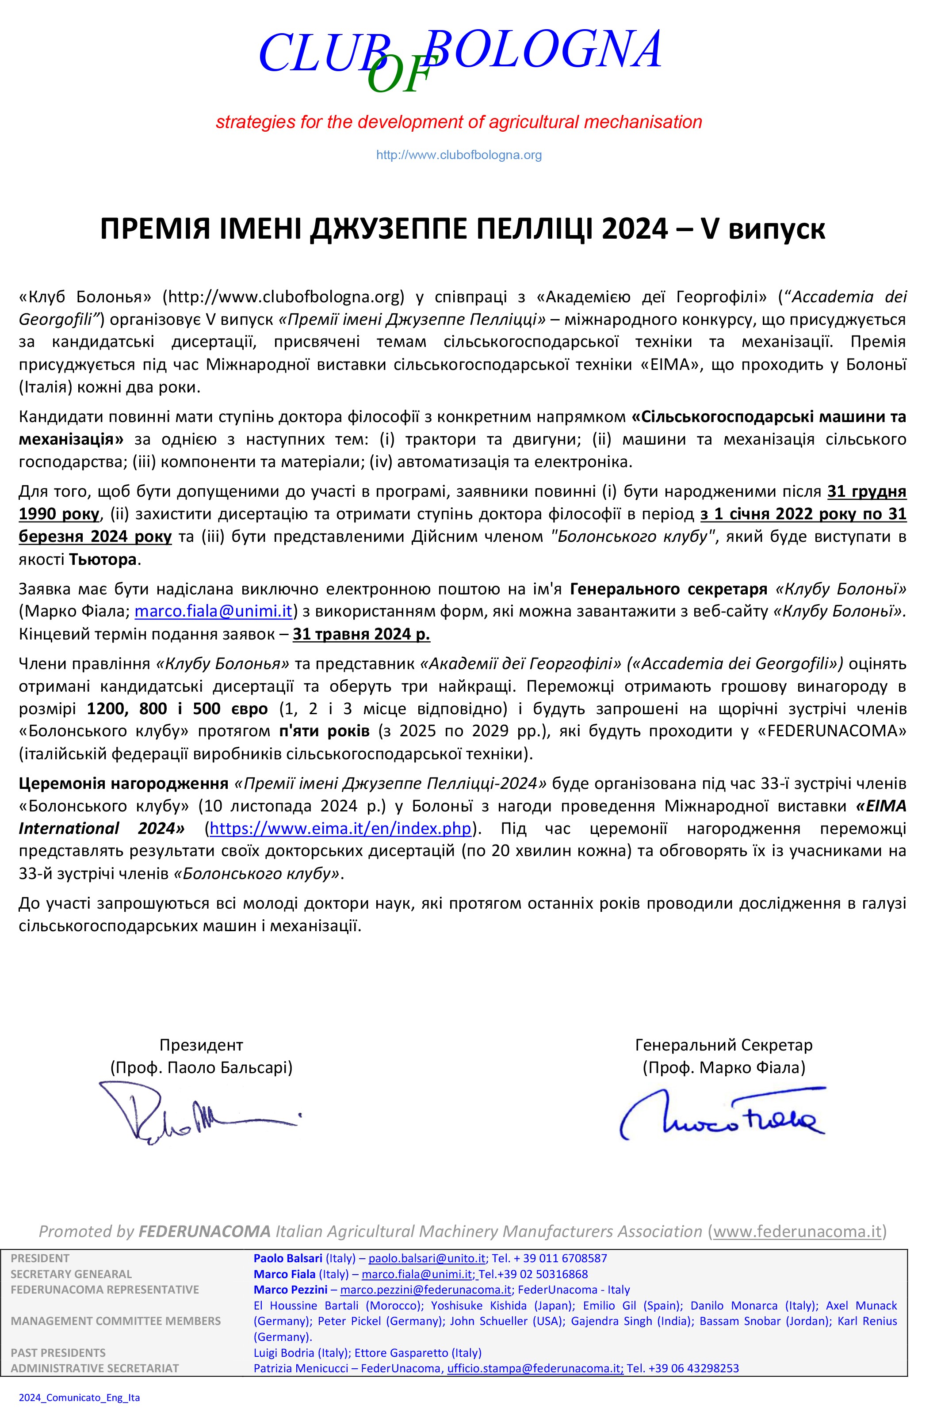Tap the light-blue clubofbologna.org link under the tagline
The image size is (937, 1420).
pyautogui.click(x=459, y=155)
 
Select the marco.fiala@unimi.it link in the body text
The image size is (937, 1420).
pyautogui.click(x=213, y=611)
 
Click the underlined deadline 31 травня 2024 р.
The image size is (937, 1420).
pyautogui.click(x=361, y=634)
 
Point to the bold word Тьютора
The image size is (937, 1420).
pyautogui.click(x=103, y=560)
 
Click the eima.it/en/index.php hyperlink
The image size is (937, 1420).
pyautogui.click(x=340, y=828)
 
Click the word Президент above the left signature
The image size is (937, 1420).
pyautogui.click(x=201, y=1045)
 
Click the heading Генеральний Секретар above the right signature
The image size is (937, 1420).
pyautogui.click(x=724, y=1045)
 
